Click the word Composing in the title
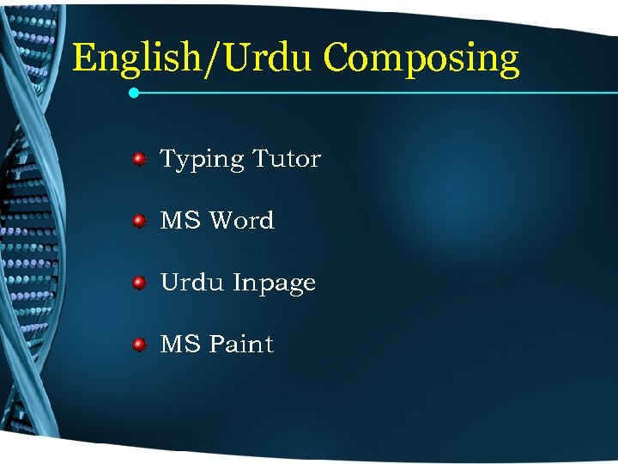[x=421, y=59]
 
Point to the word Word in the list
[x=242, y=221]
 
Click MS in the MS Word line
[x=180, y=221]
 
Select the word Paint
[x=242, y=345]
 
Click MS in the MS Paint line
[x=180, y=345]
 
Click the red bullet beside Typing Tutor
[x=138, y=159]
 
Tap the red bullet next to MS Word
[x=138, y=221]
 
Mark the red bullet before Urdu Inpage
[x=138, y=283]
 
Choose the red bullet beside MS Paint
[x=138, y=345]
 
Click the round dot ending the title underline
[x=134, y=92]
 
